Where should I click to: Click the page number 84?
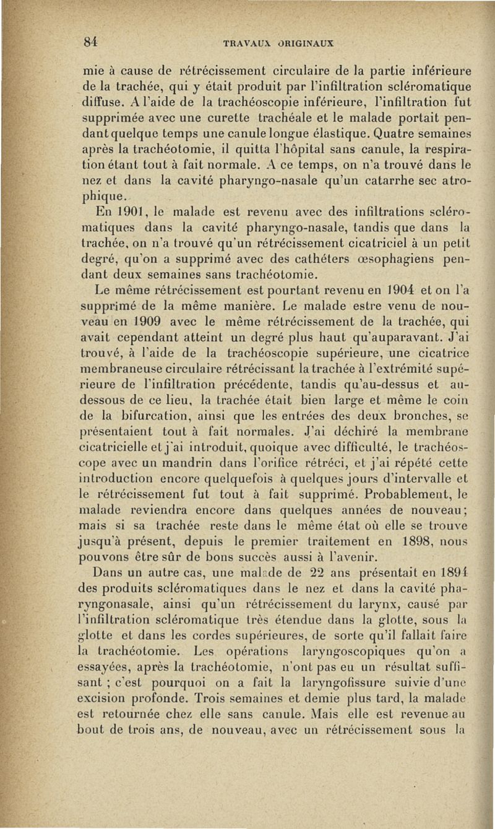click(92, 42)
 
